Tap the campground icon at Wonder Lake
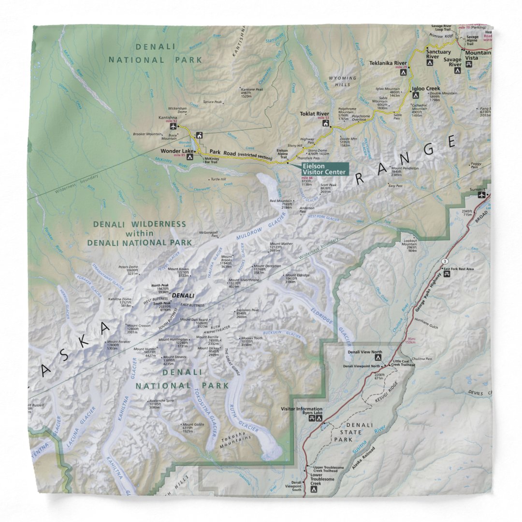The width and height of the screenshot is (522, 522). click(x=190, y=157)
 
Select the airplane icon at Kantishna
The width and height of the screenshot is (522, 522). click(x=174, y=127)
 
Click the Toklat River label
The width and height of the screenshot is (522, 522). click(x=315, y=114)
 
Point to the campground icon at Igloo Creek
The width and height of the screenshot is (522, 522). click(x=415, y=96)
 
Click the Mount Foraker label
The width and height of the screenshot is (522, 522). click(x=118, y=342)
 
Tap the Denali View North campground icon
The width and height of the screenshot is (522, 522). click(x=378, y=358)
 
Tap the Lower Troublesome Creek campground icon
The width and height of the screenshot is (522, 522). click(x=314, y=489)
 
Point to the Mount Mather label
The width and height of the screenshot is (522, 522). click(x=281, y=244)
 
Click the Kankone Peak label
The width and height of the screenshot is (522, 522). click(x=252, y=89)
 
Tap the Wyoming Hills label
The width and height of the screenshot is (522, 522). click(x=343, y=80)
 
